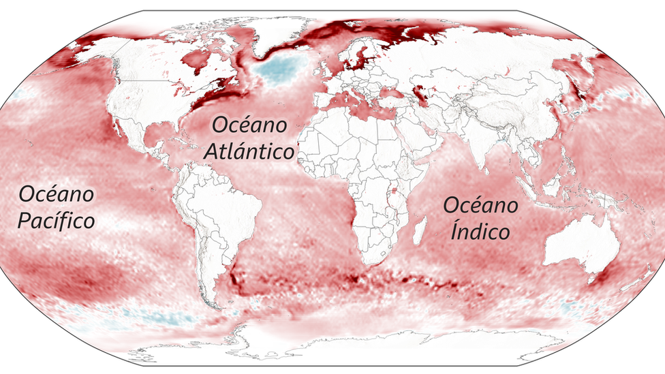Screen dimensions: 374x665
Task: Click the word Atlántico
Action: pos(250,151)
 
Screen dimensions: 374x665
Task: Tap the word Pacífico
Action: pos(57,221)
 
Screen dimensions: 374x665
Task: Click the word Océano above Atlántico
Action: pos(250,125)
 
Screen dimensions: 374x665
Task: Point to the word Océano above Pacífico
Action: pos(57,194)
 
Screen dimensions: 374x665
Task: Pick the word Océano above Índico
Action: pos(481,205)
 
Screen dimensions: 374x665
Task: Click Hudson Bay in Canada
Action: pos(198,59)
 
